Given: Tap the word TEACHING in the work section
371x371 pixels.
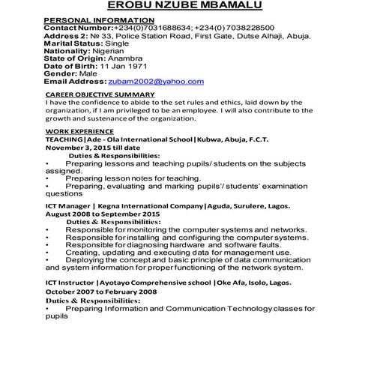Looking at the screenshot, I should tap(64, 140).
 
